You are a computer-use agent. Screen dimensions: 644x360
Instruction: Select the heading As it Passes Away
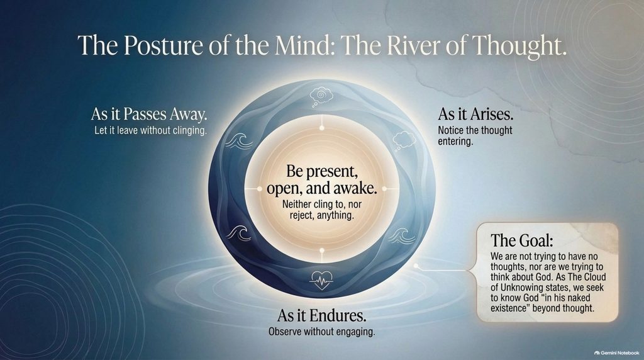[149, 115]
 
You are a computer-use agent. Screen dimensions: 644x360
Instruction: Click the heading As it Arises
[475, 114]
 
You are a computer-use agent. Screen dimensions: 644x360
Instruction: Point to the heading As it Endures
[321, 315]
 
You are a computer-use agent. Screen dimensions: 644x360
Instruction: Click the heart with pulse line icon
[321, 280]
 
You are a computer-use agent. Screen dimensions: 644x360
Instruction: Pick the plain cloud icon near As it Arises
[404, 140]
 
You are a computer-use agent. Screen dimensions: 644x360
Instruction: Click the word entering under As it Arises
[455, 142]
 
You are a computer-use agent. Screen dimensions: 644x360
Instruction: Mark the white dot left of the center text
[260, 189]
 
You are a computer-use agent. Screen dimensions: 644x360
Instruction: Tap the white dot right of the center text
[385, 189]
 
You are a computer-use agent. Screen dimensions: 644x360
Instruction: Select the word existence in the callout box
[509, 308]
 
